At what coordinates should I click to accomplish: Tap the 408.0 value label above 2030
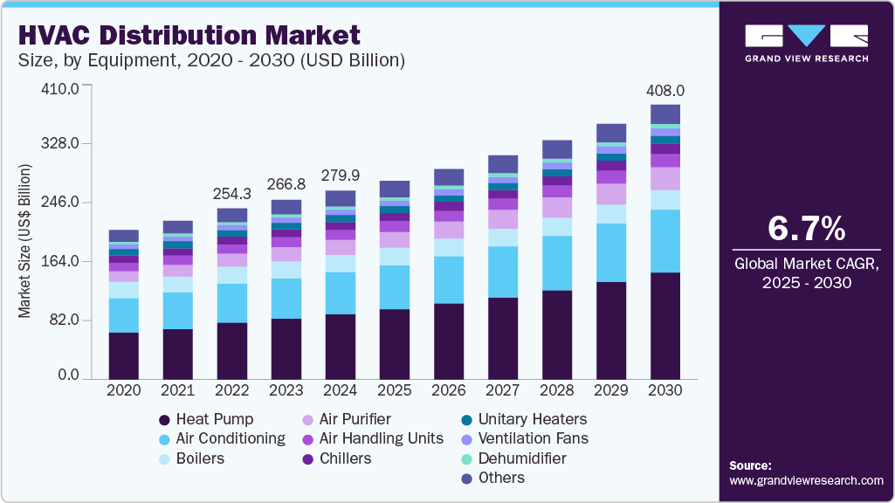click(665, 91)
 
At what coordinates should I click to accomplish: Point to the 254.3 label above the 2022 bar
click(231, 193)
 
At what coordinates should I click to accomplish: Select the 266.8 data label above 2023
click(286, 184)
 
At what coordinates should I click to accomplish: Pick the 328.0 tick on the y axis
click(62, 144)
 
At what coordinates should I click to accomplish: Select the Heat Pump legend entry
click(206, 419)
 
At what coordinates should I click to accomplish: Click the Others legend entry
click(493, 478)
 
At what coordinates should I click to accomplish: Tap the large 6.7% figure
click(806, 228)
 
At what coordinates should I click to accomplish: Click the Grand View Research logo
click(806, 43)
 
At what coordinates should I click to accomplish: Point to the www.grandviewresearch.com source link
click(806, 480)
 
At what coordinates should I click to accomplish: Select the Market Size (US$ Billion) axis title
click(25, 240)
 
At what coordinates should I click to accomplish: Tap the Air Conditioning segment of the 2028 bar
click(557, 263)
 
